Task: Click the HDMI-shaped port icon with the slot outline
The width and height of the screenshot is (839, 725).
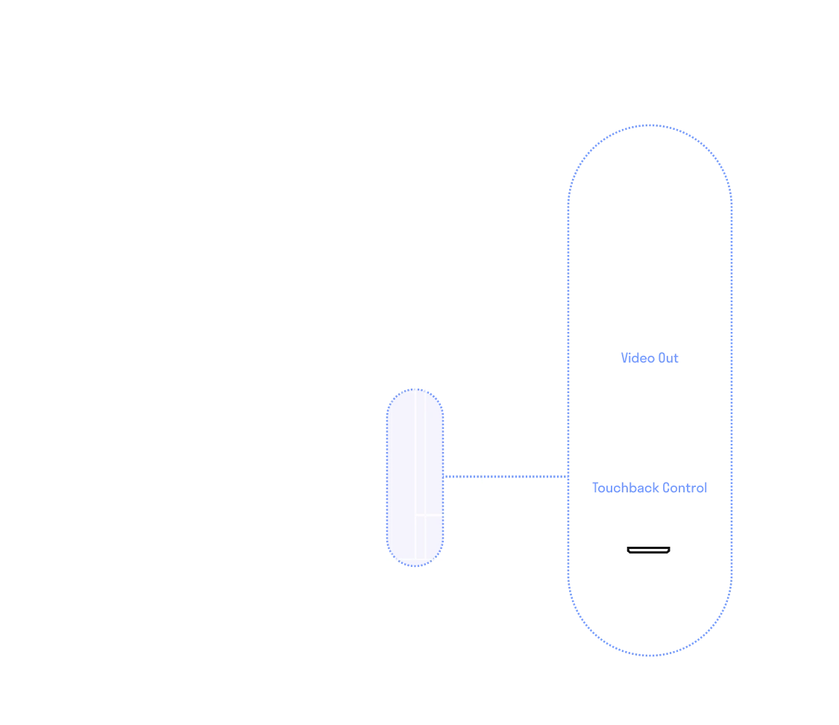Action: pos(648,550)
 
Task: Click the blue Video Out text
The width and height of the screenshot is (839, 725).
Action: pos(650,358)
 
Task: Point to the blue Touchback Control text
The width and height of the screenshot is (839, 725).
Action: pos(650,488)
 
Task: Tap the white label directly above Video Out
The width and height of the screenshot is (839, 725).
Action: pos(650,337)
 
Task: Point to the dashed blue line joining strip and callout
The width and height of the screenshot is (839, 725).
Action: pos(506,475)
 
